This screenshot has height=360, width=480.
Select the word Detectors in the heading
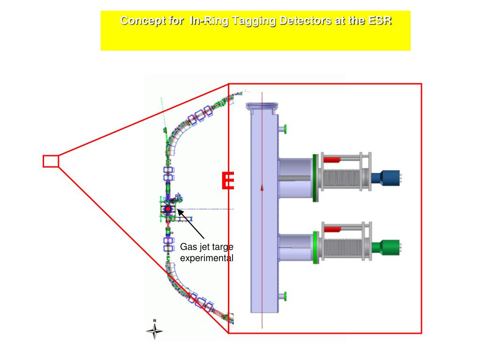304,21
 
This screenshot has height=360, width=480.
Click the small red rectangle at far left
51,161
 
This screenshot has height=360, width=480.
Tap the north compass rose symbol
155,330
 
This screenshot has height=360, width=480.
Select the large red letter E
228,181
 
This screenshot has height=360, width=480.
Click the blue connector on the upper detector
385,177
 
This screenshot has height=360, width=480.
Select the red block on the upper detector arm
331,160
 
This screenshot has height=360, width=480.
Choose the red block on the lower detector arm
332,229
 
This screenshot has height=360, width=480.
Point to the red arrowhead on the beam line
262,187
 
